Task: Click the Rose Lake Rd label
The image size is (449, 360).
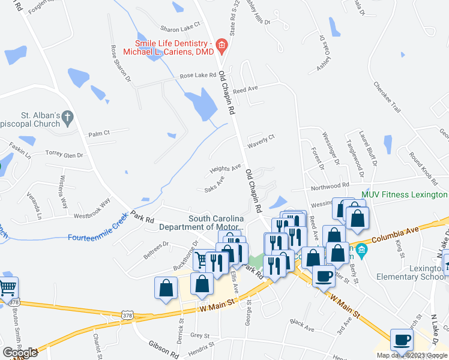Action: [x=197, y=76]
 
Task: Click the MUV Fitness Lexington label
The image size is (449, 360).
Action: [x=404, y=195]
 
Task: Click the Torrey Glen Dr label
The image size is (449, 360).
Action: [x=64, y=155]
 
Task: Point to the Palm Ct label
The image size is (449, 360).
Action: [x=99, y=134]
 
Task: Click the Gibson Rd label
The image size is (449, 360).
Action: [x=163, y=346]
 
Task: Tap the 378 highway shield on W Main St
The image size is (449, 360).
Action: [x=127, y=314]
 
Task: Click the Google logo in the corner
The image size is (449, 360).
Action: [x=20, y=352]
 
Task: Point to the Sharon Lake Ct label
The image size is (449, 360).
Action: [x=180, y=28]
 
